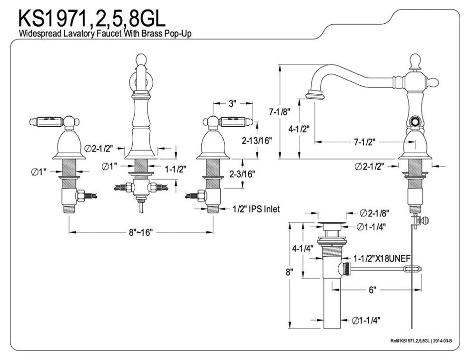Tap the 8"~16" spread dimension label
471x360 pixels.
pyautogui.click(x=141, y=232)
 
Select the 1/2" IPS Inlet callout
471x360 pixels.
pyautogui.click(x=256, y=209)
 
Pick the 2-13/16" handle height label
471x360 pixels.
pyautogui.click(x=256, y=141)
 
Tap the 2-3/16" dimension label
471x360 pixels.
pyautogui.click(x=242, y=174)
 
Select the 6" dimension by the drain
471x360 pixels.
pyautogui.click(x=372, y=289)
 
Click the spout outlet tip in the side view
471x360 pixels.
pyautogui.click(x=314, y=95)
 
